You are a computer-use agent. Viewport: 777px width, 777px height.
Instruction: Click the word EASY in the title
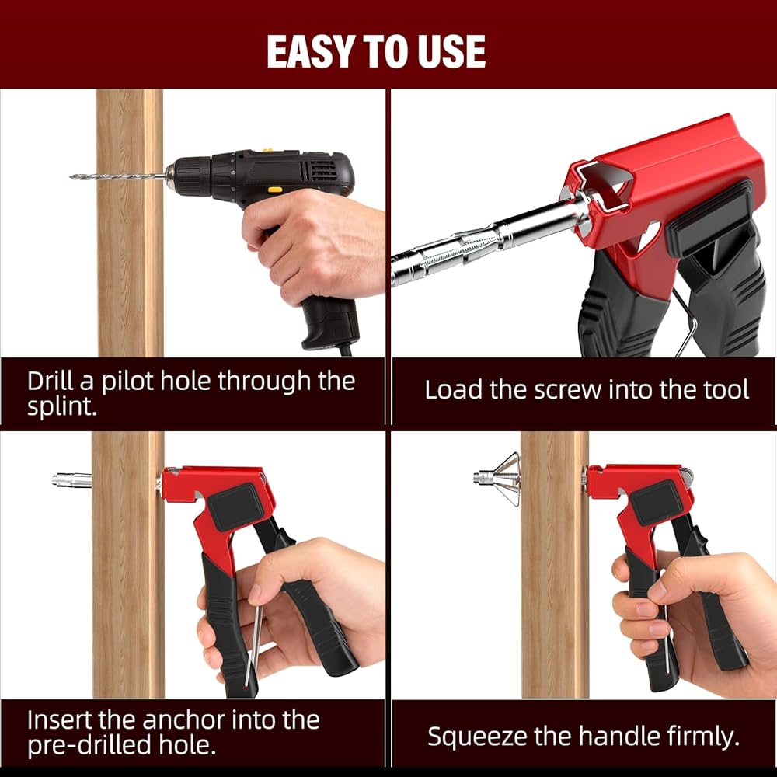point(312,52)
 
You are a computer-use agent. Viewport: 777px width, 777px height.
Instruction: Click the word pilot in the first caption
point(127,382)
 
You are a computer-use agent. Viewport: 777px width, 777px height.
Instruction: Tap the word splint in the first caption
point(60,406)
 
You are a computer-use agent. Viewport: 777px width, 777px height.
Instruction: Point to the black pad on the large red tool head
point(709,218)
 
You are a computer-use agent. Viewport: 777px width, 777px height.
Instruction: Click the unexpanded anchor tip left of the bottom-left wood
point(71,479)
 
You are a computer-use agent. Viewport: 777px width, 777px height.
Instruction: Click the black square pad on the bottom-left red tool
point(236,507)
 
